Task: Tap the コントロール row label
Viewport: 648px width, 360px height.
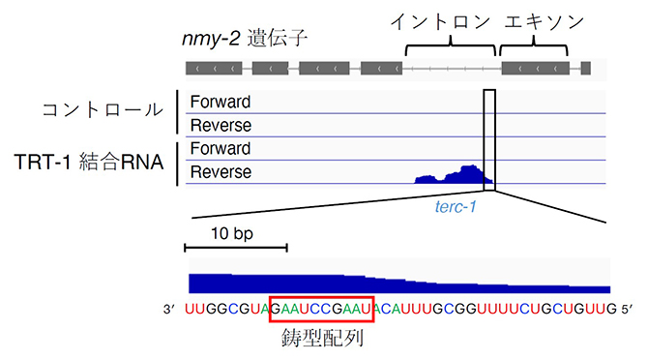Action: [x=103, y=109]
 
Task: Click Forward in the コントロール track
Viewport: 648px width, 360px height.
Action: [x=221, y=102]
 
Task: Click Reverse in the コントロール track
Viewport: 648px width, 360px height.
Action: [x=221, y=126]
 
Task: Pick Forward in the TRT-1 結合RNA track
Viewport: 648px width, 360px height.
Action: [x=221, y=149]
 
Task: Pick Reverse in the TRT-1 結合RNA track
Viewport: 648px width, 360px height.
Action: [x=221, y=172]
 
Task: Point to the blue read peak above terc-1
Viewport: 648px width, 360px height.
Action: [x=455, y=176]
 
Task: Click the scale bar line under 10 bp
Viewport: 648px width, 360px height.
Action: [x=236, y=249]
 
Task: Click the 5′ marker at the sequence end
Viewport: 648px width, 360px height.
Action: [x=624, y=311]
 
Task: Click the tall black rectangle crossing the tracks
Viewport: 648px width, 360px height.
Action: [x=489, y=135]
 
